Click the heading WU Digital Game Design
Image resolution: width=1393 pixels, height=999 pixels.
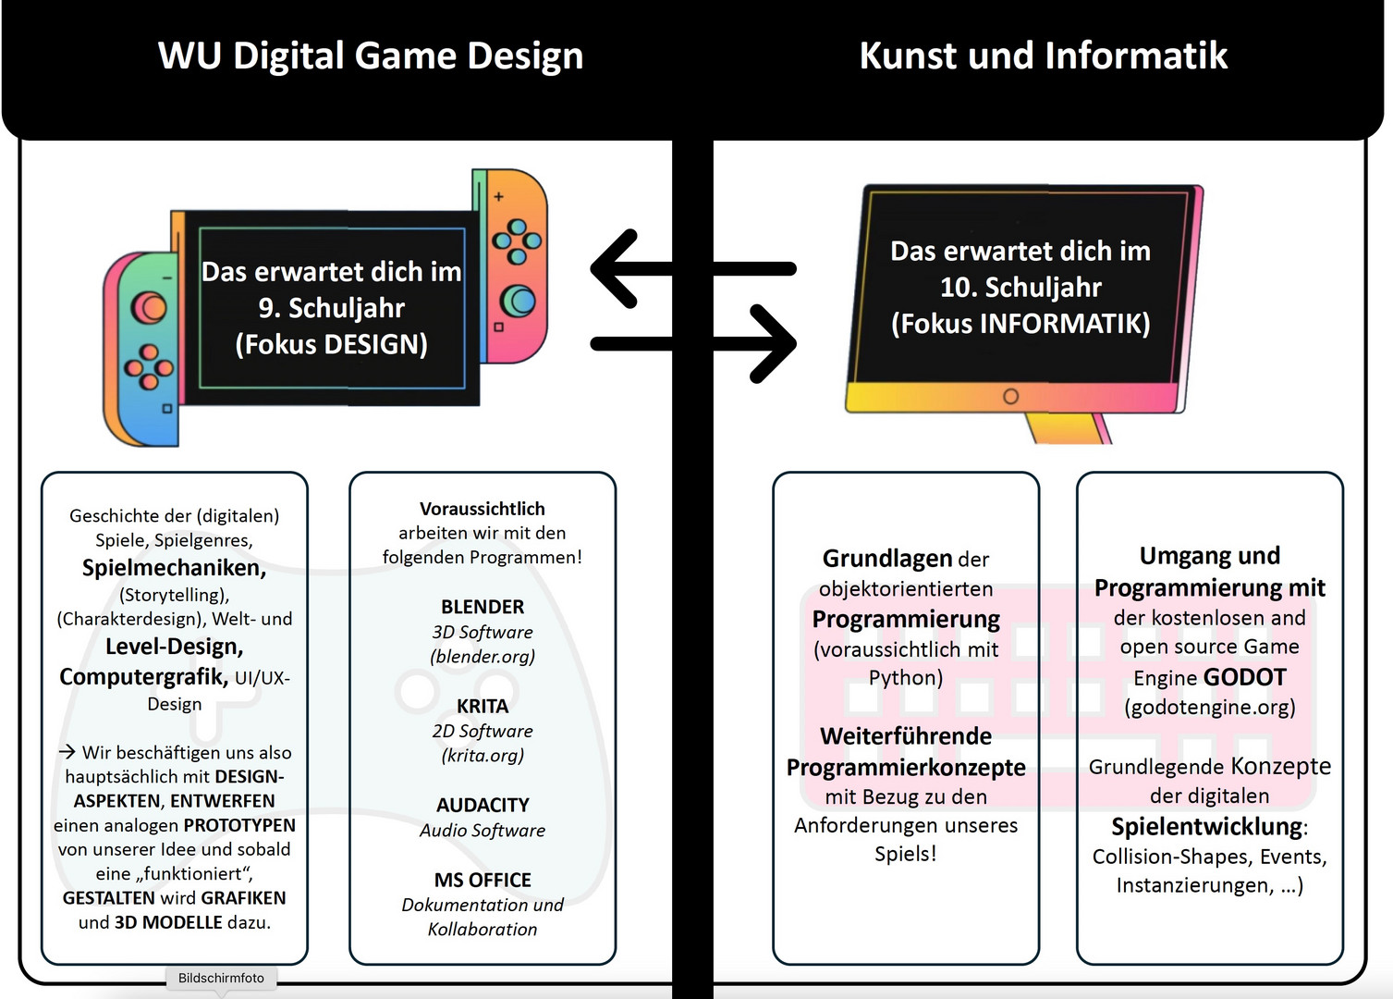(371, 55)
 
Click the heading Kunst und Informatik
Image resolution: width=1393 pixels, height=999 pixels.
(1044, 55)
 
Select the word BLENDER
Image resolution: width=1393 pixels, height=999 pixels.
(483, 607)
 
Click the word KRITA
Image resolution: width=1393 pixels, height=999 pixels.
(483, 706)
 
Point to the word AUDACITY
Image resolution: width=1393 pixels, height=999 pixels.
(483, 805)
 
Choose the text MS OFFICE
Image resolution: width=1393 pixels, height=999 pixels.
(483, 880)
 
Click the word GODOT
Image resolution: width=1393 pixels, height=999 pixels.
(1244, 677)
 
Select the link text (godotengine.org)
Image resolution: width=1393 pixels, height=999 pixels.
(1210, 707)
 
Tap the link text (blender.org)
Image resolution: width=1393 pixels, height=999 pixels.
(483, 656)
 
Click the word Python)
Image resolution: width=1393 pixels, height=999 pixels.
(906, 677)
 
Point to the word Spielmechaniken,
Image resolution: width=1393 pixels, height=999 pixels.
(174, 567)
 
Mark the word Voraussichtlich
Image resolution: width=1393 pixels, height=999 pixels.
(483, 509)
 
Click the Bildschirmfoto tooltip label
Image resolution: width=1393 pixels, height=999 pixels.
(221, 978)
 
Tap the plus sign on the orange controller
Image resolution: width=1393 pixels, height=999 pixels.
(498, 196)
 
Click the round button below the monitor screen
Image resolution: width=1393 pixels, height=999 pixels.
(1010, 396)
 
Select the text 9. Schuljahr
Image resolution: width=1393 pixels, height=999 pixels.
(331, 307)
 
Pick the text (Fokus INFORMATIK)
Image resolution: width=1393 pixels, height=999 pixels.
(1020, 323)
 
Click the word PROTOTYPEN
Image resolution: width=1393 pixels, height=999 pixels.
(239, 825)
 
